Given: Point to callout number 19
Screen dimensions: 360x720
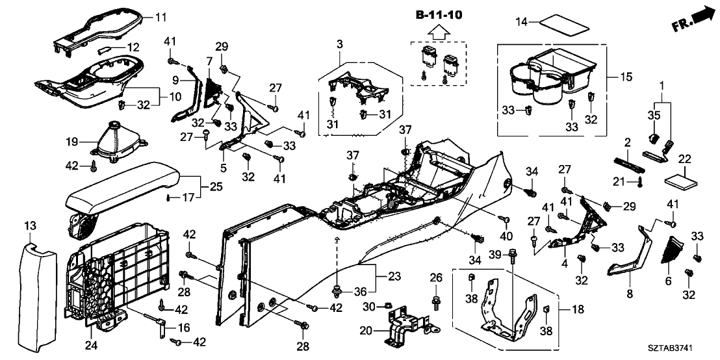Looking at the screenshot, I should [x=72, y=142].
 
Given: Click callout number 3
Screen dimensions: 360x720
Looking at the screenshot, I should [x=339, y=44].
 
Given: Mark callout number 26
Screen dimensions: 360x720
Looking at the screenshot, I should [x=435, y=278].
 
